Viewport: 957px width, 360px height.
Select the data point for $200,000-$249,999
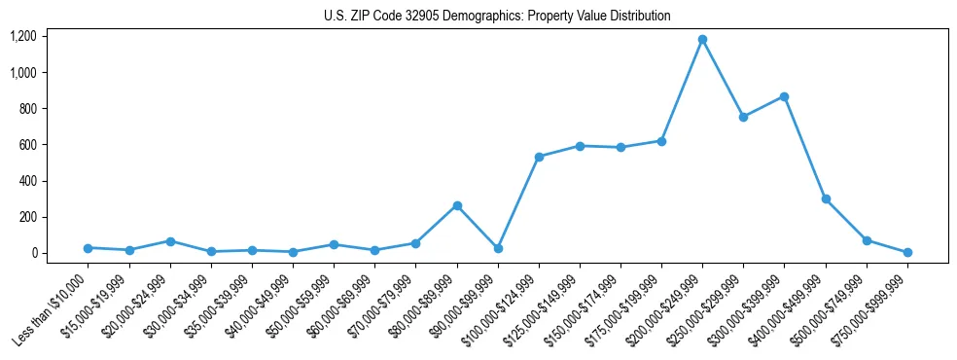click(x=702, y=40)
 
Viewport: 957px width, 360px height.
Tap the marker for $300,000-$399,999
click(x=784, y=97)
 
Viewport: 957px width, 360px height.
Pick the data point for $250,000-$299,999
click(x=743, y=117)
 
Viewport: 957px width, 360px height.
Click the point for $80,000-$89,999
click(x=457, y=205)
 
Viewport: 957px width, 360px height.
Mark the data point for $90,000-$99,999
click(x=498, y=248)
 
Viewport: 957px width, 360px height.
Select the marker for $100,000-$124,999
click(x=539, y=157)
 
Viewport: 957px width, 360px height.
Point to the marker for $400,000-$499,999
click(x=826, y=198)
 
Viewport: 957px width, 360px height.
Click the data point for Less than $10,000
click(x=88, y=248)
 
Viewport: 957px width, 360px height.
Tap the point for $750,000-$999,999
click(x=907, y=252)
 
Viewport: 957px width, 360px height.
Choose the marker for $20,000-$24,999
click(x=170, y=241)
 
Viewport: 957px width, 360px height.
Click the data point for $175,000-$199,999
click(x=661, y=141)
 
